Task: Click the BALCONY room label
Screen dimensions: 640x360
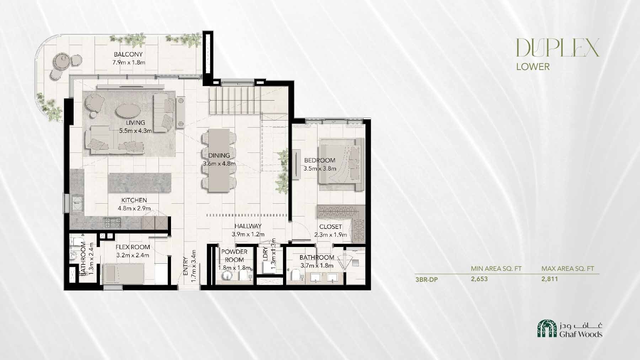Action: tap(128, 54)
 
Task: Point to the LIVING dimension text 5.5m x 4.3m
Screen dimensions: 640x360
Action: tap(135, 130)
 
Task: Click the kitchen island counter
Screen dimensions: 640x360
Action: tap(140, 183)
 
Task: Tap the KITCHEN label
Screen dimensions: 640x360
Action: tap(134, 200)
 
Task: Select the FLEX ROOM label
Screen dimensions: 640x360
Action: tap(133, 247)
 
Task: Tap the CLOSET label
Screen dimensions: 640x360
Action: tap(330, 227)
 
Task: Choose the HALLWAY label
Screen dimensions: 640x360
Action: tap(248, 226)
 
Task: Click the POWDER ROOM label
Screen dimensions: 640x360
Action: tap(234, 256)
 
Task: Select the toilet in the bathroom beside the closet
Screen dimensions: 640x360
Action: tap(295, 275)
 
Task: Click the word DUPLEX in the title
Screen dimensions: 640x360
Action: tap(558, 48)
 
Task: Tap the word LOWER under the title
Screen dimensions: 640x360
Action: tap(533, 66)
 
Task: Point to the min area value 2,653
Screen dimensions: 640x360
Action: tap(479, 279)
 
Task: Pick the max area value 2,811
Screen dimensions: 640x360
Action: tap(550, 279)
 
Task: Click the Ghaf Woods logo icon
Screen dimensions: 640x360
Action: tap(546, 328)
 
